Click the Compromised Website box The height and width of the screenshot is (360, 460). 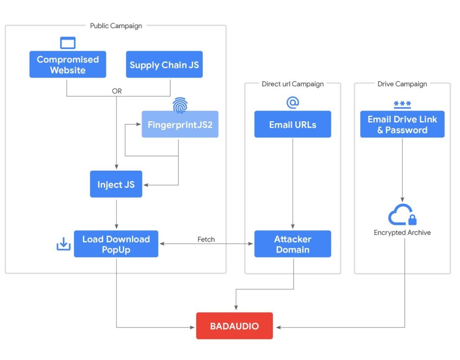[x=68, y=65]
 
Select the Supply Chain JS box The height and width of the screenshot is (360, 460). [x=164, y=65]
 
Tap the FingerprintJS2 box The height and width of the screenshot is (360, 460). [x=180, y=124]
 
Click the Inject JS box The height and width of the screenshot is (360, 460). [x=116, y=184]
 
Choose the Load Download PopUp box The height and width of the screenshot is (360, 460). [x=116, y=244]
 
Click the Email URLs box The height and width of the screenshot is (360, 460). [x=292, y=124]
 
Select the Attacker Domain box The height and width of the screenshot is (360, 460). [x=292, y=244]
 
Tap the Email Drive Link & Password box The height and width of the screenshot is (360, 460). [x=402, y=124]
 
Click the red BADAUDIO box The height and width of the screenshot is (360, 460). [x=234, y=326]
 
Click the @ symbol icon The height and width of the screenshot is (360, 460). [x=292, y=103]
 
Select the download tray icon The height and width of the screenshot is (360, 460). [x=63, y=244]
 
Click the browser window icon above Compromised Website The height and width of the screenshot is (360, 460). [x=68, y=43]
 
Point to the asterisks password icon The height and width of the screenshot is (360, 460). [x=402, y=104]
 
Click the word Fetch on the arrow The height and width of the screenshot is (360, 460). [x=206, y=239]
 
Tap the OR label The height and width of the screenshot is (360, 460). [x=117, y=91]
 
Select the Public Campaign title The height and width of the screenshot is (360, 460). [x=116, y=26]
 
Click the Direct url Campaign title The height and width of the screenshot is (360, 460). [x=292, y=83]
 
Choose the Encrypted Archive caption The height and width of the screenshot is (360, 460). [x=402, y=233]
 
